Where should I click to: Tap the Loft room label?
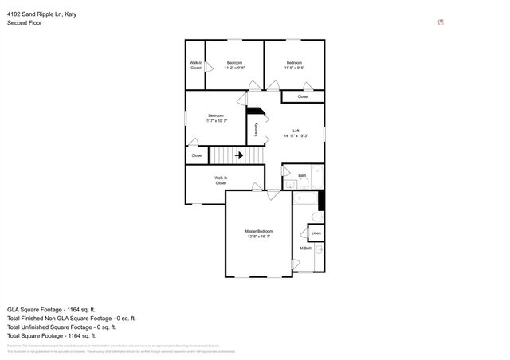coord(296,131)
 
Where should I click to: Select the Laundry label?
coord(256,129)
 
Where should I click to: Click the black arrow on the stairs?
coord(239,156)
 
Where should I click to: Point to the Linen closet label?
coord(316,233)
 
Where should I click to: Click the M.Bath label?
coord(305,248)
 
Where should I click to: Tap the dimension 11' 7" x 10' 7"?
coord(216,121)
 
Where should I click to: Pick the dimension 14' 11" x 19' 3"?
coord(296,136)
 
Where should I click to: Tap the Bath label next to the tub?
coord(302,175)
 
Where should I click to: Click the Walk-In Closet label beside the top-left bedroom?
coord(196,65)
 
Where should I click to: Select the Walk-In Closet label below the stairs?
coord(221,180)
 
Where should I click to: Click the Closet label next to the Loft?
coord(303,96)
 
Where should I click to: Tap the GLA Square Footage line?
coord(51,308)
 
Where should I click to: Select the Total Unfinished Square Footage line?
coord(61,327)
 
